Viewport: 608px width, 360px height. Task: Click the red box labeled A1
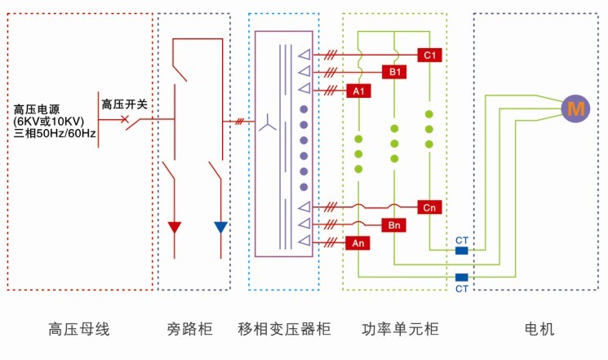click(358, 91)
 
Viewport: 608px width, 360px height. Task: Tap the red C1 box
click(429, 55)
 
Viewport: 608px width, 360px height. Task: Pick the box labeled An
click(358, 243)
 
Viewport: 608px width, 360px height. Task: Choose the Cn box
click(429, 207)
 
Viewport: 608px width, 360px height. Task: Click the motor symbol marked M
click(577, 107)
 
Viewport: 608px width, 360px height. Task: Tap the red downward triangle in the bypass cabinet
click(174, 228)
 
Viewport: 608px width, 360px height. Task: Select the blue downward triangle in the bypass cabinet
click(220, 228)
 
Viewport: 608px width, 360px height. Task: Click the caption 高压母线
click(78, 330)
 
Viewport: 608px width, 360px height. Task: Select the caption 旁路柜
click(189, 330)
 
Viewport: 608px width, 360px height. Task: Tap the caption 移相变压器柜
click(284, 330)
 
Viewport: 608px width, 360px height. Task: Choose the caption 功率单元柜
click(400, 330)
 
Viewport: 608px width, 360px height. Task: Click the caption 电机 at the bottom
click(539, 330)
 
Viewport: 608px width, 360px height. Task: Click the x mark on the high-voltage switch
click(125, 120)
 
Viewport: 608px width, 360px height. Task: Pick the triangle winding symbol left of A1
click(304, 89)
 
